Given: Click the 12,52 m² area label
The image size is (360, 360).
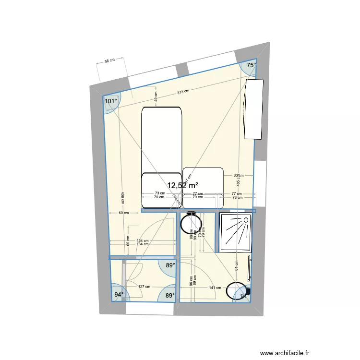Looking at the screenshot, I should [x=182, y=185].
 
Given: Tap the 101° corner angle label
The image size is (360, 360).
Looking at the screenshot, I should [x=111, y=101].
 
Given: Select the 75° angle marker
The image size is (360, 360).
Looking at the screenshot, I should [x=251, y=65].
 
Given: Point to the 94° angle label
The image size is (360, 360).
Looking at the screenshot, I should [x=119, y=295].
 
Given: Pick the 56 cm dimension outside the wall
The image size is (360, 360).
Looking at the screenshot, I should [x=109, y=60].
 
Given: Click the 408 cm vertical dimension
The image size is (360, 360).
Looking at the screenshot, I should [x=122, y=199].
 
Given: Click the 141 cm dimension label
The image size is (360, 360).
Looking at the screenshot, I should [x=215, y=288].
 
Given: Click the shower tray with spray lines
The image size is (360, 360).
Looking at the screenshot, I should [x=235, y=233].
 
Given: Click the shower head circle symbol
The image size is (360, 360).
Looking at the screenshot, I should [x=246, y=220].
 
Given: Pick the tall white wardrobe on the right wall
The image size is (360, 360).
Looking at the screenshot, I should [x=254, y=109].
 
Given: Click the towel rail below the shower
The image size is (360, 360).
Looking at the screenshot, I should [x=249, y=269].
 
